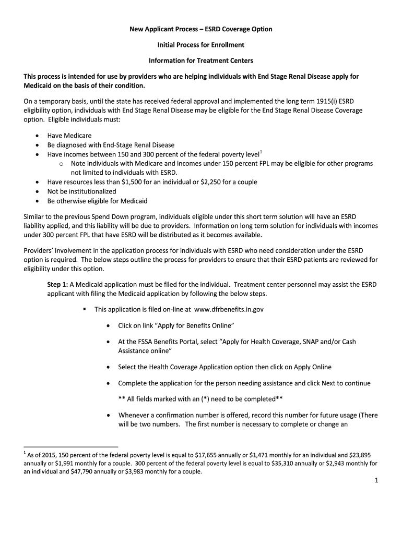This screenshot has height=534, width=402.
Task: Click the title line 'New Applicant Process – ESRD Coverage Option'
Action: (201, 29)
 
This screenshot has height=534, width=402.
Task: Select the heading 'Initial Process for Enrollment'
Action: (201, 45)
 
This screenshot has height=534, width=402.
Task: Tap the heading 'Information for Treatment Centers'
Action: (201, 61)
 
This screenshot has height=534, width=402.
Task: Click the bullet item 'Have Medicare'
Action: (69, 136)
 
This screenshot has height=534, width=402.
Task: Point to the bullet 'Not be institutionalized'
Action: (82, 191)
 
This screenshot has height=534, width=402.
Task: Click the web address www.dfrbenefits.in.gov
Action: (229, 309)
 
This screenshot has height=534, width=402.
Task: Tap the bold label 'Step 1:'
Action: (57, 284)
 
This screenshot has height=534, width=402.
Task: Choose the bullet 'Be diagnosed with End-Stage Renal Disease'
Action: (111, 145)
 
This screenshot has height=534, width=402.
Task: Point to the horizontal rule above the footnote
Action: (71, 447)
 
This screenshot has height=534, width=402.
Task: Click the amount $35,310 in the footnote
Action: (283, 463)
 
